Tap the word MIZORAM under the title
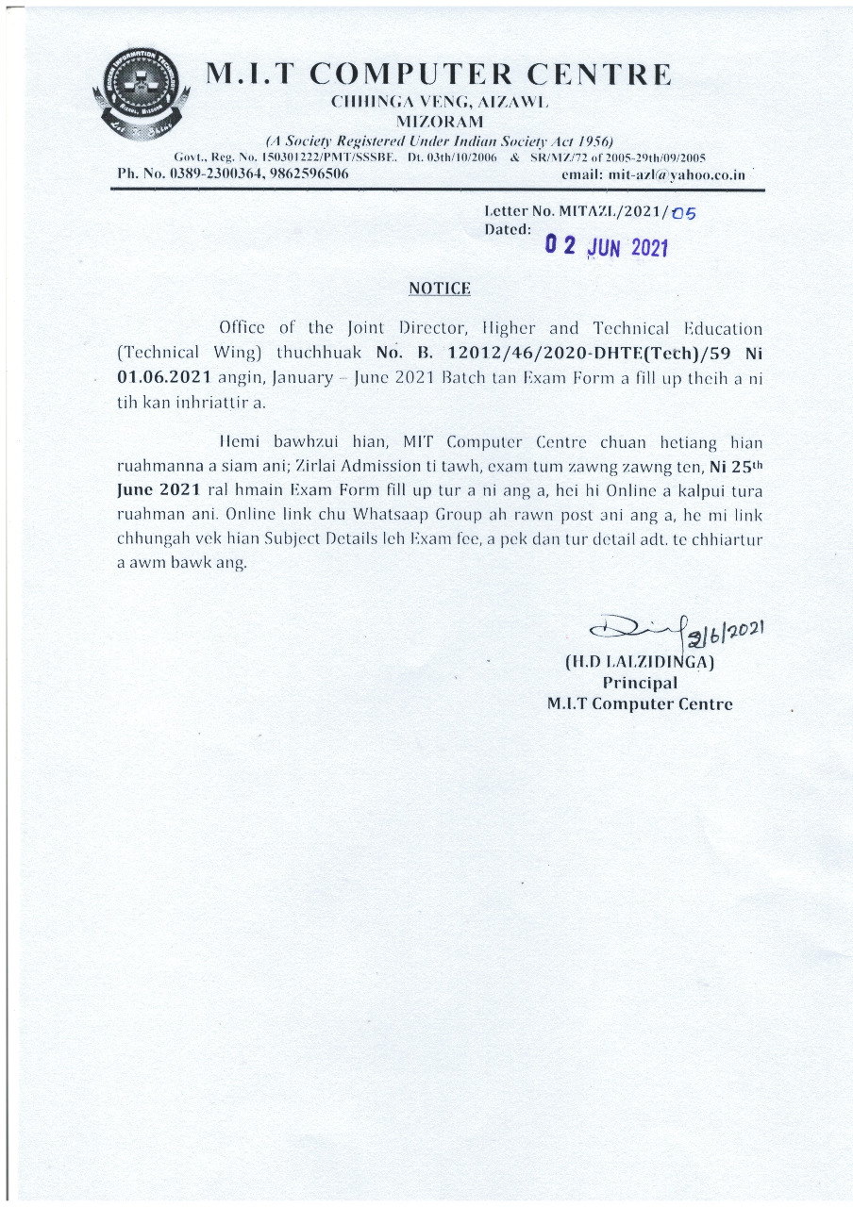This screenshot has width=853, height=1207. pyautogui.click(x=439, y=122)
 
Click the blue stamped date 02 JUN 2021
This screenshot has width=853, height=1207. pyautogui.click(x=608, y=247)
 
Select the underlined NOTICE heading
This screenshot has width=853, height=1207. pyautogui.click(x=439, y=288)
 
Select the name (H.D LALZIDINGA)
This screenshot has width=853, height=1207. pyautogui.click(x=639, y=661)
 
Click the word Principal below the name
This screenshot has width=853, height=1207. pyautogui.click(x=639, y=682)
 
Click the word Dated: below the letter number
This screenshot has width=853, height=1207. pyautogui.click(x=508, y=228)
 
